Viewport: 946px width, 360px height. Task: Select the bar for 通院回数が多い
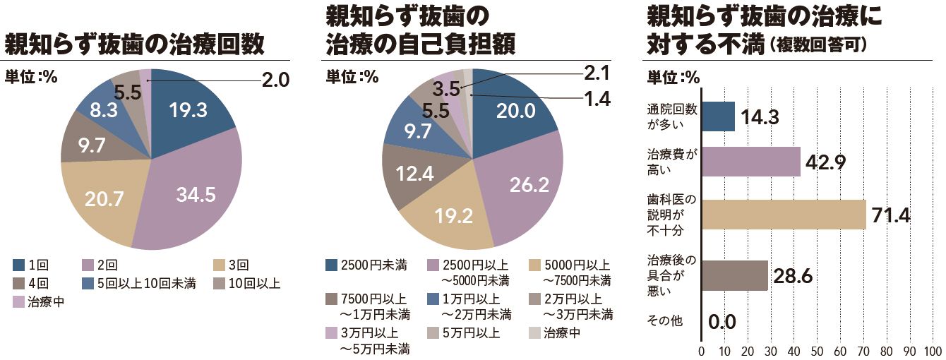tap(718, 116)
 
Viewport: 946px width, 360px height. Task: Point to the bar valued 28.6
tap(734, 275)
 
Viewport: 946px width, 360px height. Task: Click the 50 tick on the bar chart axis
tap(817, 351)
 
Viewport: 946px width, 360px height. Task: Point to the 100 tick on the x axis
tap(933, 351)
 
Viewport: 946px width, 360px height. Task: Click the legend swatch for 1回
tap(19, 265)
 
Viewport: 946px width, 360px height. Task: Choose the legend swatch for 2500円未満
tap(331, 265)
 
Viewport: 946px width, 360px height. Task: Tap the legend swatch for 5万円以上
tap(433, 333)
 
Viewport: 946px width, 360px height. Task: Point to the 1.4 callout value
tap(597, 99)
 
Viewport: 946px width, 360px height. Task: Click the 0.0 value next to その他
tap(722, 323)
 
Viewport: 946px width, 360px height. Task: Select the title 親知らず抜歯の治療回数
tap(134, 44)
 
